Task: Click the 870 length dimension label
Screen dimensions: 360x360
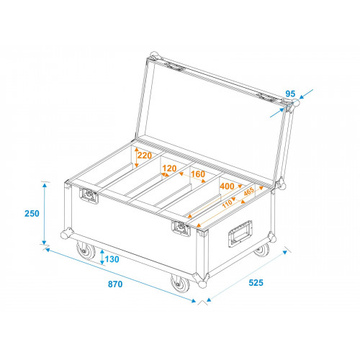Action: tap(115, 284)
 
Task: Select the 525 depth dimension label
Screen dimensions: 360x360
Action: tap(256, 283)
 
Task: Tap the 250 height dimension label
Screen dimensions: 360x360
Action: tap(32, 213)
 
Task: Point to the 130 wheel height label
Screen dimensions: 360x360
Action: tap(112, 259)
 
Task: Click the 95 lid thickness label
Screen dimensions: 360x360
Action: tap(290, 94)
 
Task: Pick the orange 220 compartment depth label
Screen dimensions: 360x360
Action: tap(145, 156)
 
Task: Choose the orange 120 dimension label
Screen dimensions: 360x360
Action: tap(169, 168)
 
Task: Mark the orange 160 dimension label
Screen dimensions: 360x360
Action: tap(198, 174)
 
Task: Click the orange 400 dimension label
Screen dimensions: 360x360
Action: tap(227, 186)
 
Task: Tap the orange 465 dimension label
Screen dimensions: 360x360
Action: tap(248, 192)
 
